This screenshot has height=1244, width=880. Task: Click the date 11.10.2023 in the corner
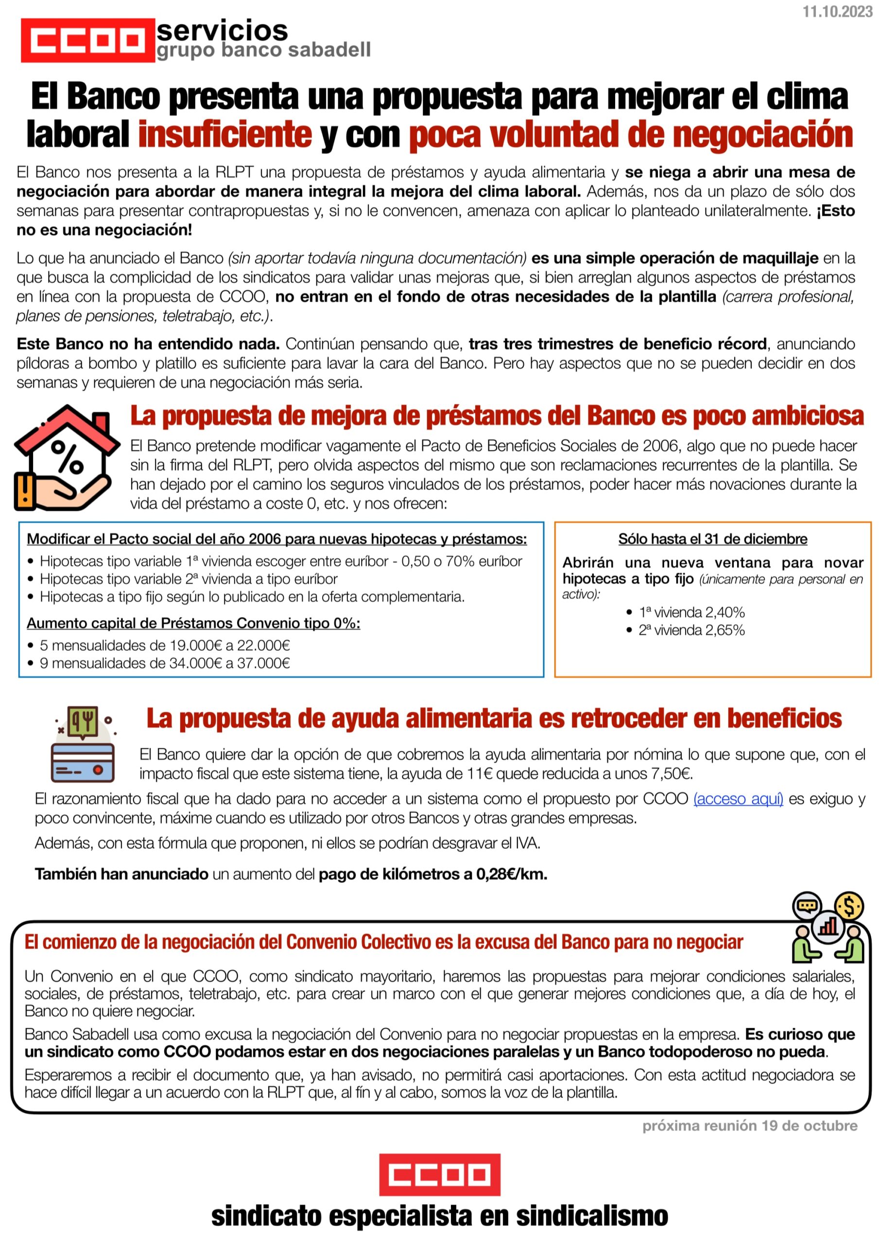pyautogui.click(x=837, y=12)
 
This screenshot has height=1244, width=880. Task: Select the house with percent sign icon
pyautogui.click(x=66, y=458)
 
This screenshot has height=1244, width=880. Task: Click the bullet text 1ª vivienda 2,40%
pyautogui.click(x=691, y=612)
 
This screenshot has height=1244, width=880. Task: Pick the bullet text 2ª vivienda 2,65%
pyautogui.click(x=691, y=630)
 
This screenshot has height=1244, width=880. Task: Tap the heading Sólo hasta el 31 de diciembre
pyautogui.click(x=712, y=539)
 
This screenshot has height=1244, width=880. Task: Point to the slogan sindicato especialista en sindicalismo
pyautogui.click(x=439, y=1216)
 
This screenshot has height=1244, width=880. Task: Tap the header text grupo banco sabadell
pyautogui.click(x=263, y=50)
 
